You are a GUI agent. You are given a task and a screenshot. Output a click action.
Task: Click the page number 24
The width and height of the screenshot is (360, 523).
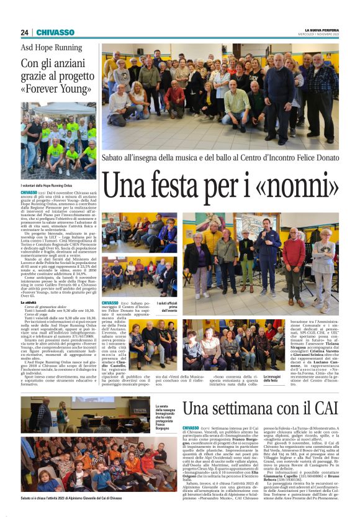click(24, 32)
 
